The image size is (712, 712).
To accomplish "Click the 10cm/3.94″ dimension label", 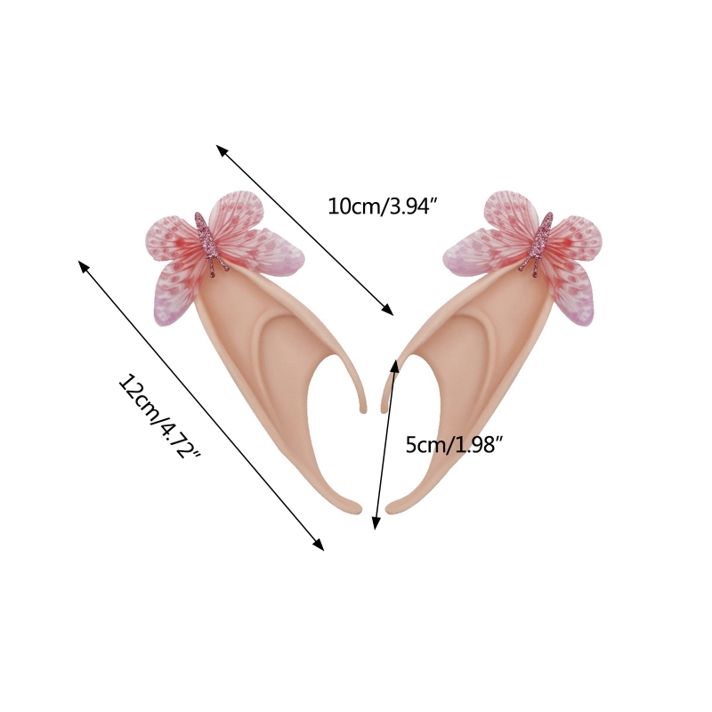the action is [383, 206].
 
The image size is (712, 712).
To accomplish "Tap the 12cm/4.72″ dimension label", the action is [159, 416].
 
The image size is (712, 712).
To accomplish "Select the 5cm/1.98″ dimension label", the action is [455, 444].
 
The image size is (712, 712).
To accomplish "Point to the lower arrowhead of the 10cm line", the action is [388, 310].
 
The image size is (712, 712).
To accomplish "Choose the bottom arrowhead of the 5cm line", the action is [376, 523].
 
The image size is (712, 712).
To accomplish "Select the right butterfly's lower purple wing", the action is [573, 295].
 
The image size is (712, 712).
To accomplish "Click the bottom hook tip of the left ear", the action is [358, 508].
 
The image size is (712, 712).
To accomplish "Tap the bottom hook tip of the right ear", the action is [390, 508].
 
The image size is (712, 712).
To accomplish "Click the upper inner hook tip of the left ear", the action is [363, 409].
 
